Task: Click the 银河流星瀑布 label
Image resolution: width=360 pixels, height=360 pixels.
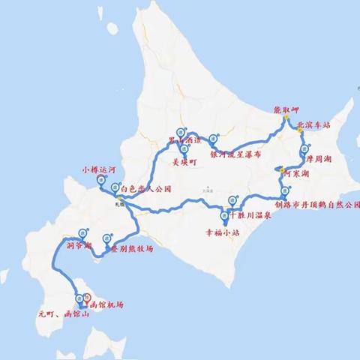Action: click(235, 154)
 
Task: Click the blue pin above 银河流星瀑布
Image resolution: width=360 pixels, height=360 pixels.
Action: click(213, 139)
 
